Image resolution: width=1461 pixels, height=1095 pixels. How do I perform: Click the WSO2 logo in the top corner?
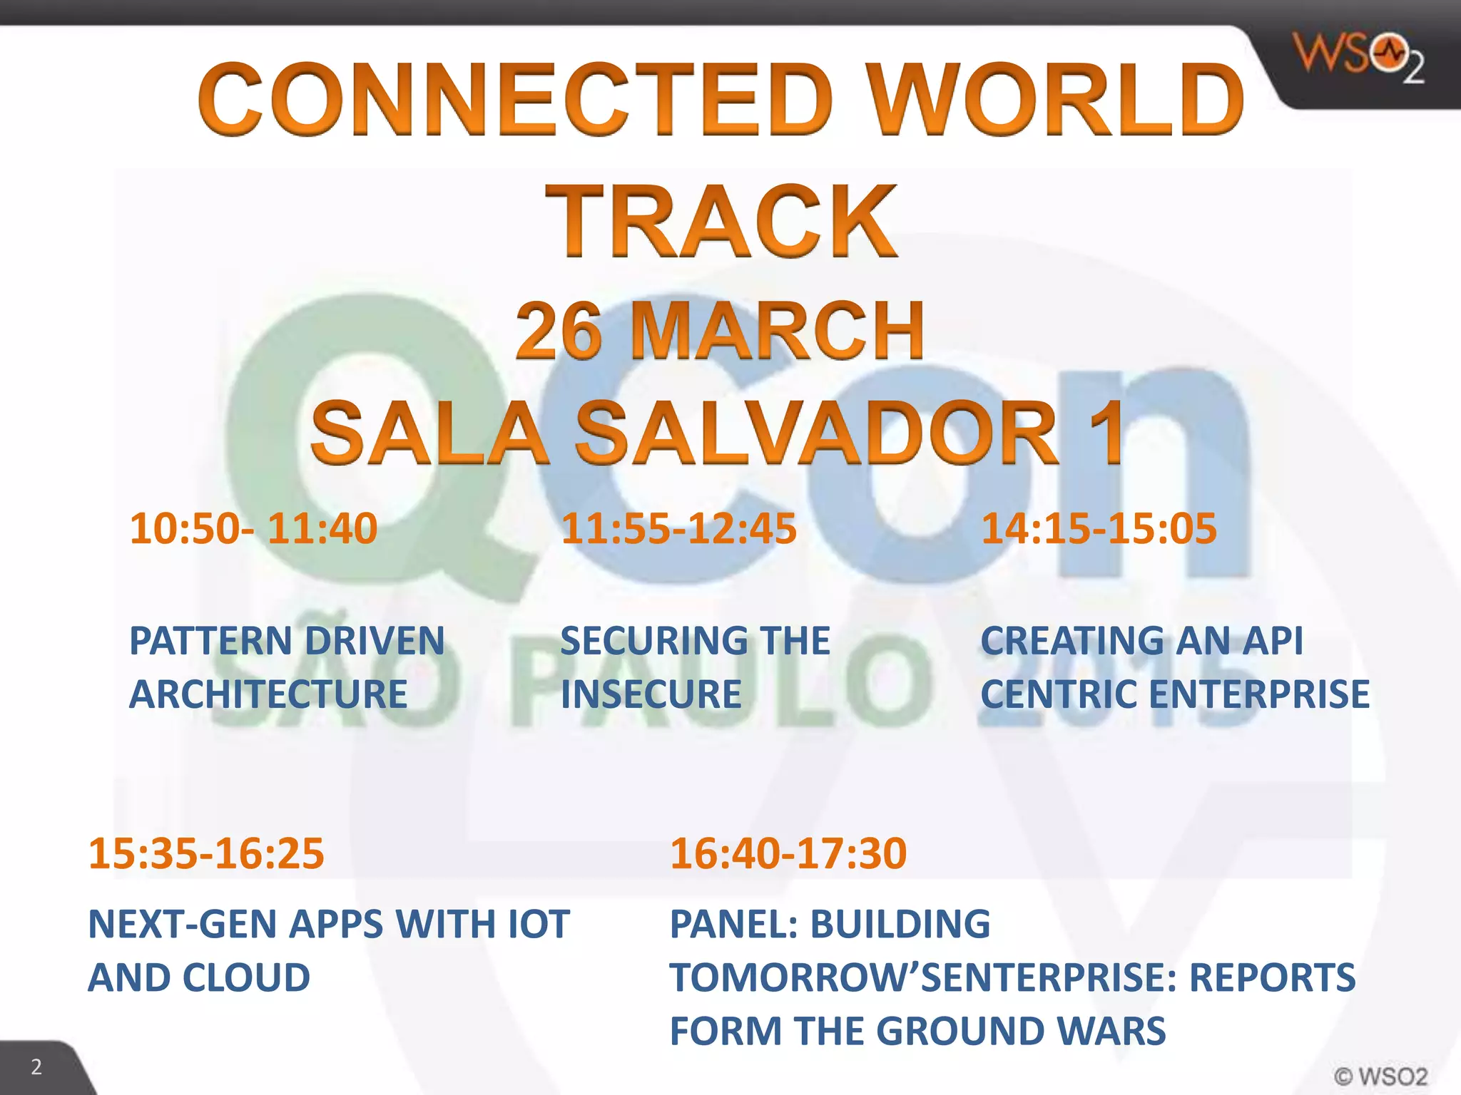point(1358,57)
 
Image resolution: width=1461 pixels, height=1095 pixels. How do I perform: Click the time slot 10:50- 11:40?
point(253,529)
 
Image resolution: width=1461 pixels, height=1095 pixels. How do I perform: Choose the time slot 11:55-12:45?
point(678,529)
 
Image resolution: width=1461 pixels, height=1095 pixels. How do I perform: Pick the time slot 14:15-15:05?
point(1099,529)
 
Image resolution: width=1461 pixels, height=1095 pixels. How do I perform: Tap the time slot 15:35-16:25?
point(206,853)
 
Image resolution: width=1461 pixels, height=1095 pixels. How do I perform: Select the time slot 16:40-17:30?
point(788,853)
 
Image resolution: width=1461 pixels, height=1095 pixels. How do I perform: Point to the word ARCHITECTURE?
point(268,694)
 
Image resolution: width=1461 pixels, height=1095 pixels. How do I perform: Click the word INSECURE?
point(651,694)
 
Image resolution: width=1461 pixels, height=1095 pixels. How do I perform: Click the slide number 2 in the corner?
point(36,1067)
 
